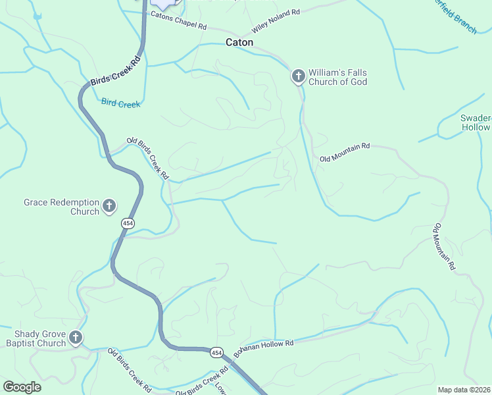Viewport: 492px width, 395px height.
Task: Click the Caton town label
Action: (x=239, y=42)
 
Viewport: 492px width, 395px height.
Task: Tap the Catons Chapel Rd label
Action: (x=178, y=21)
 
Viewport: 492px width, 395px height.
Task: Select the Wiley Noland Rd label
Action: (x=276, y=22)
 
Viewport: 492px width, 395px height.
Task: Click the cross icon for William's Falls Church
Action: (x=298, y=77)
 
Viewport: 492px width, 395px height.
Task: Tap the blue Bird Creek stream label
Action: (x=120, y=103)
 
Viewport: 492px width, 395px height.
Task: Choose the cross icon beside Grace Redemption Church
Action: (x=109, y=207)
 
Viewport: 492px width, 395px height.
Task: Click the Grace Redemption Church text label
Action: (x=61, y=207)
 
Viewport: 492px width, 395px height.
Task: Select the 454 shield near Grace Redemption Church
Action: (x=128, y=224)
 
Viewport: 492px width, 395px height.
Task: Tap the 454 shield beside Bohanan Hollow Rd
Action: (x=216, y=353)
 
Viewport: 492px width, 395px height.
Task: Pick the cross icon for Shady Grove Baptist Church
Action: (x=76, y=338)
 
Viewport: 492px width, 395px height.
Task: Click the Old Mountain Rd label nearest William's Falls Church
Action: (x=345, y=153)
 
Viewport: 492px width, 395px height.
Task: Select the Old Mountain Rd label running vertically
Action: (x=444, y=248)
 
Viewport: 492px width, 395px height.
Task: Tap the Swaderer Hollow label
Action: (x=476, y=122)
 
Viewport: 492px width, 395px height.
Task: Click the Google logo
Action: (x=22, y=387)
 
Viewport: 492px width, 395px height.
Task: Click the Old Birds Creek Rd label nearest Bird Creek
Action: (x=148, y=159)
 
